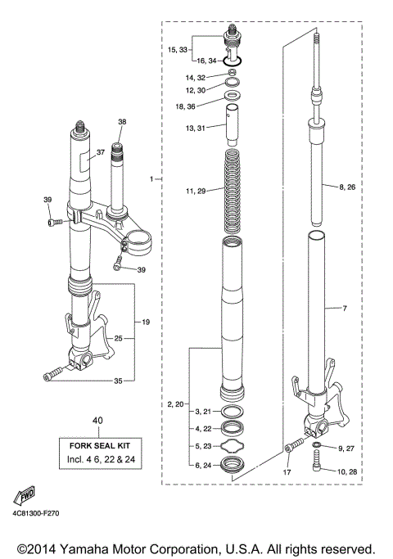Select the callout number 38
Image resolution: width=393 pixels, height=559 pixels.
click(122, 123)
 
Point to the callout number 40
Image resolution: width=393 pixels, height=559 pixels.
click(98, 421)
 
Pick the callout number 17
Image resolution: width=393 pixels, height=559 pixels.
click(287, 472)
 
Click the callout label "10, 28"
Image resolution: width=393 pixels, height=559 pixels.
click(349, 472)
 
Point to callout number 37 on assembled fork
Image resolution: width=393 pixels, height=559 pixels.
click(100, 152)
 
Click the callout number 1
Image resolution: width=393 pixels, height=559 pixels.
click(151, 178)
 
